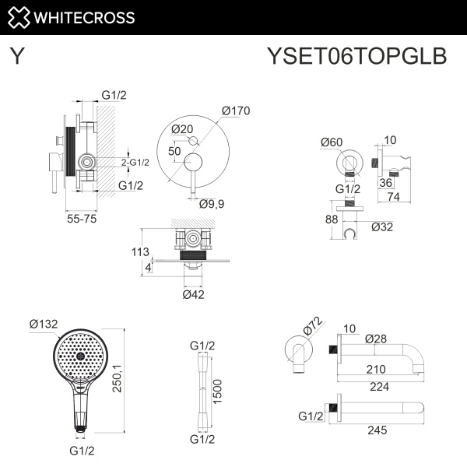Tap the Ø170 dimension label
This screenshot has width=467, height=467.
pyautogui.click(x=235, y=111)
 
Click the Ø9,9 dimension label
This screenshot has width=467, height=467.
pyautogui.click(x=212, y=204)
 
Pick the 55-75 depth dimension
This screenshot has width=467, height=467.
pyautogui.click(x=80, y=220)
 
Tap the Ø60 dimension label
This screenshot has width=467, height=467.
pyautogui.click(x=332, y=142)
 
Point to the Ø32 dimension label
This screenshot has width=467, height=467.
pyautogui.click(x=382, y=226)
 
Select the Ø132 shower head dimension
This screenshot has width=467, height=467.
pyautogui.click(x=44, y=323)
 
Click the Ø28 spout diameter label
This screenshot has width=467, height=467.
pyautogui.click(x=377, y=339)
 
